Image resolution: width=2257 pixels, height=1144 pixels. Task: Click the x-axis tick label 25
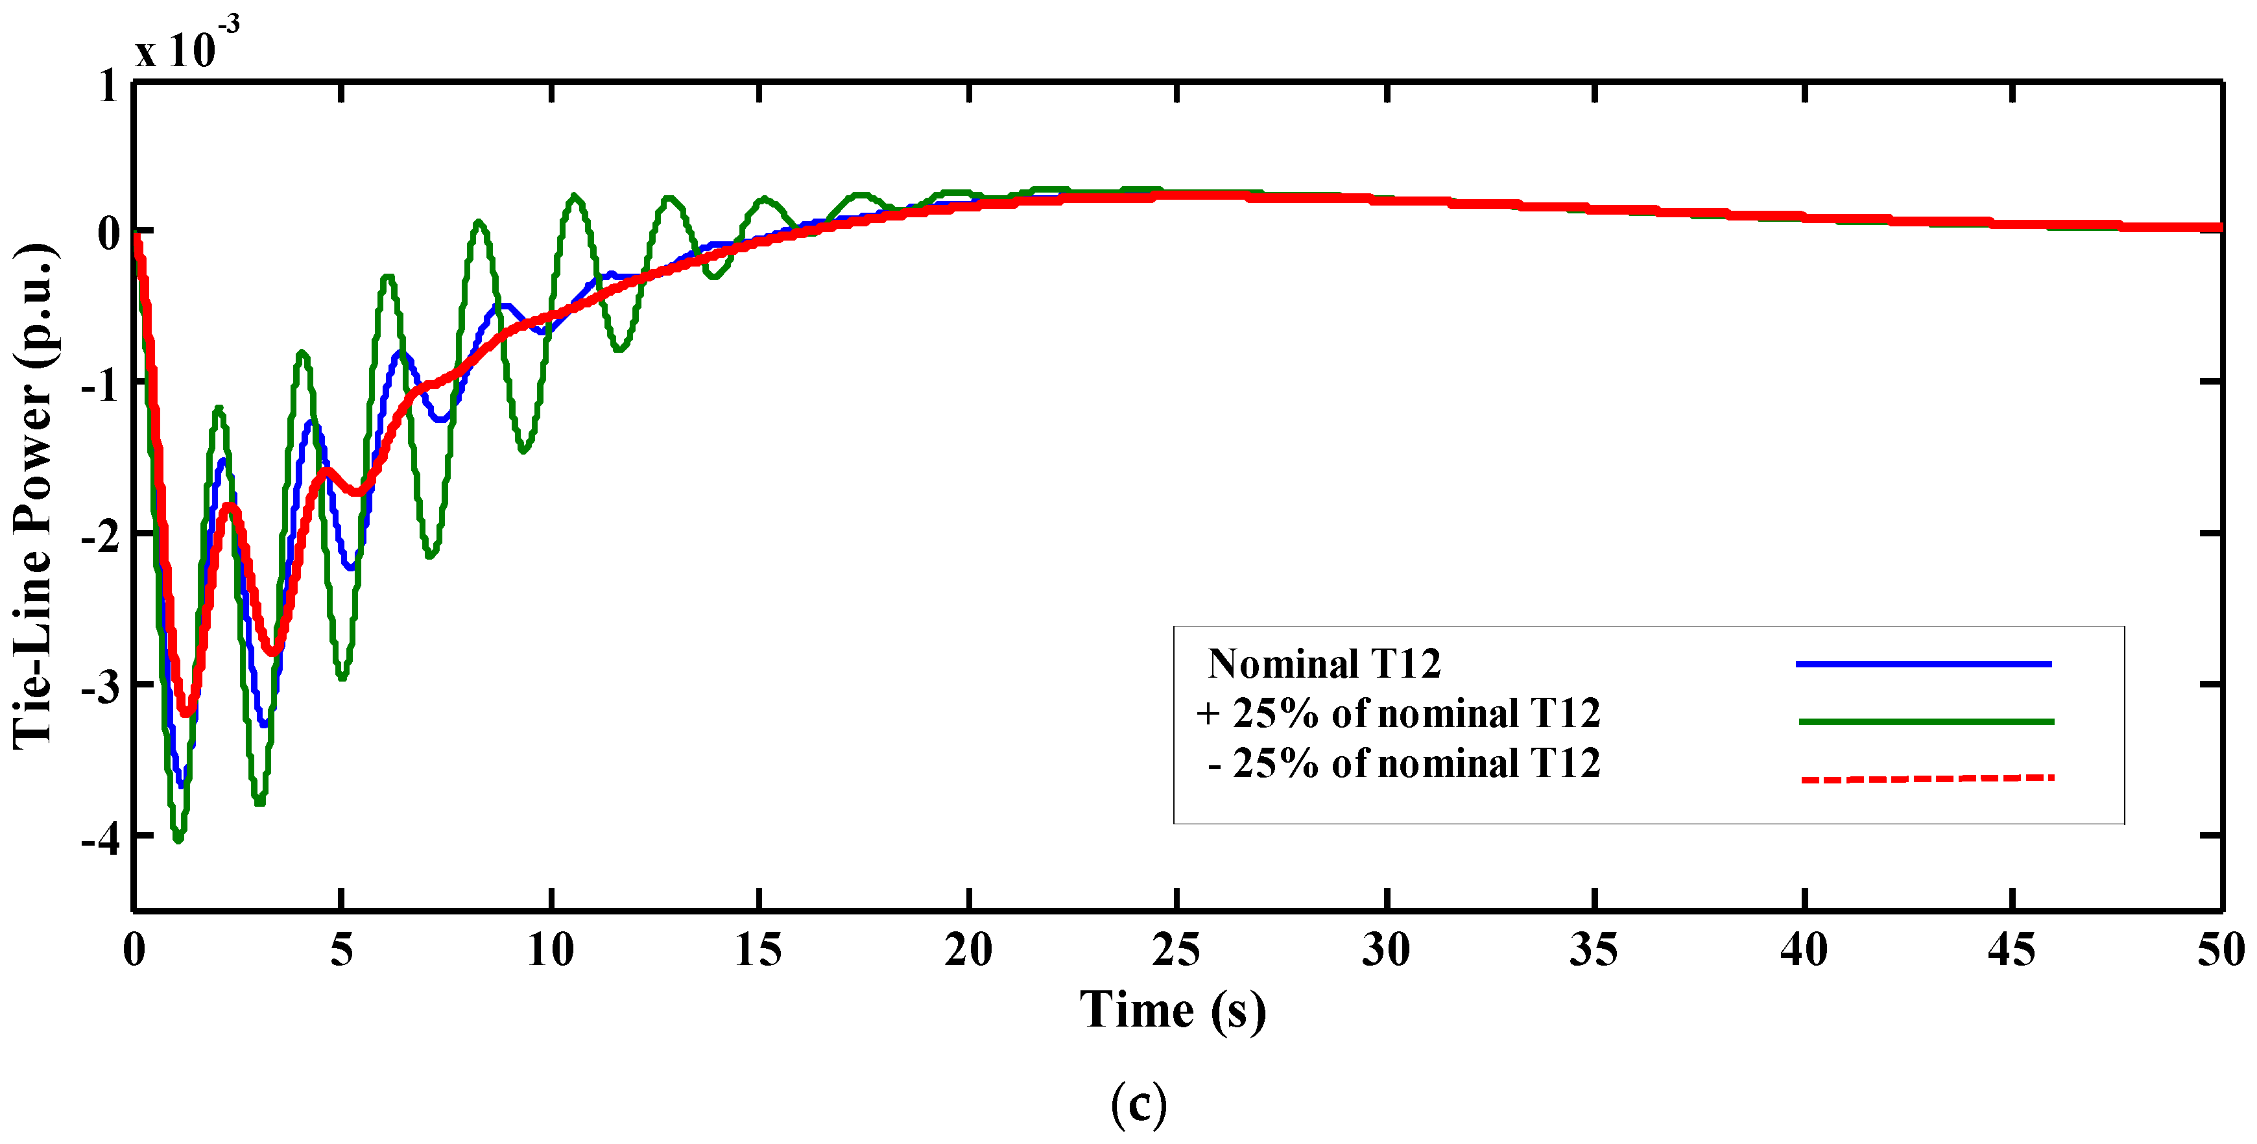point(1176,950)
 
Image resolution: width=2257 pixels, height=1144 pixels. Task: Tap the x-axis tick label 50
point(2220,950)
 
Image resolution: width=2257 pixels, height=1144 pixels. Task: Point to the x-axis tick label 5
point(342,950)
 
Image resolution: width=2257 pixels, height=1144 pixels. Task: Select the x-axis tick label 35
point(1593,950)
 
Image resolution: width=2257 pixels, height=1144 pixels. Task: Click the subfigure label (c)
point(1138,1104)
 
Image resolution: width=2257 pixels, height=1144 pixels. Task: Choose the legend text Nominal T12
point(1323,664)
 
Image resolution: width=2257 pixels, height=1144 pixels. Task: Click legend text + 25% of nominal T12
point(1398,714)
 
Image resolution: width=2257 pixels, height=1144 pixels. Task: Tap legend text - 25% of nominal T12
point(1403,764)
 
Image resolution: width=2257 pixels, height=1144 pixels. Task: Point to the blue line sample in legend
point(1923,664)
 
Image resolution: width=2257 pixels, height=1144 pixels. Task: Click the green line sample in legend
point(1926,722)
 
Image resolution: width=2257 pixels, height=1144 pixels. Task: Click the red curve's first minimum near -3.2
point(185,713)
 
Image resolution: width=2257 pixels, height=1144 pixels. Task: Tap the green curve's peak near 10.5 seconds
point(574,197)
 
